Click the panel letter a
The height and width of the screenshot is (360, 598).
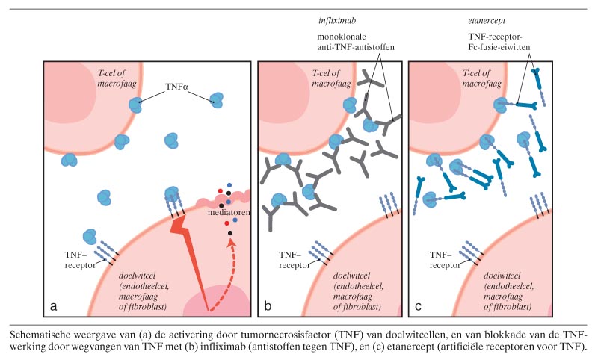coord(54,306)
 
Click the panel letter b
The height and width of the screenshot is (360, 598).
coord(268,306)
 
